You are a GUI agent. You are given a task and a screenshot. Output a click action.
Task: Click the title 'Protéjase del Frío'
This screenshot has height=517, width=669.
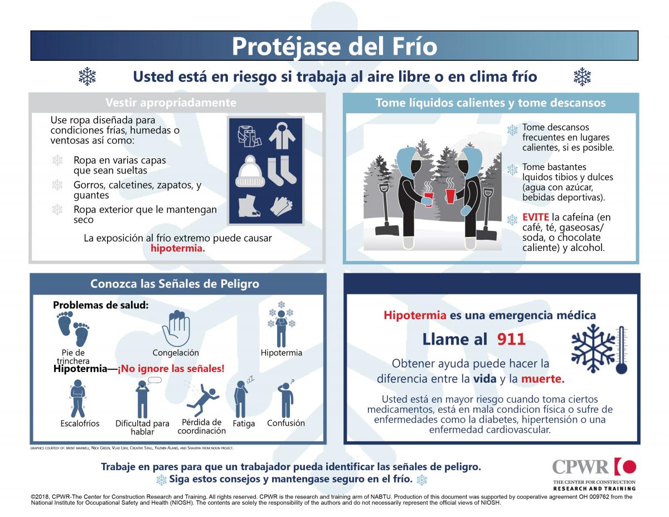click(x=334, y=46)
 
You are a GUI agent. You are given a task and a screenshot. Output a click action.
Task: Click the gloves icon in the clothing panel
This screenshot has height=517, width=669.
click(x=281, y=206)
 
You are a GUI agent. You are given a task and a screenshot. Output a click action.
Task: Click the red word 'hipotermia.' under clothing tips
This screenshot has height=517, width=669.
click(x=178, y=249)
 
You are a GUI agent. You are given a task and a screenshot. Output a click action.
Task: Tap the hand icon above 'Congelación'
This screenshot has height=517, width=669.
click(x=176, y=329)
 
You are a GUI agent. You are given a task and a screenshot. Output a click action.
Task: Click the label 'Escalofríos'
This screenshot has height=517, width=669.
click(x=80, y=423)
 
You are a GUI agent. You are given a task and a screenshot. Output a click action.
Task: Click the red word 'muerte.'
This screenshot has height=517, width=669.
click(x=543, y=379)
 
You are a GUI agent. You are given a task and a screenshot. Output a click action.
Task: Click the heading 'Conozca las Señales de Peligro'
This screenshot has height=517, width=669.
click(x=174, y=284)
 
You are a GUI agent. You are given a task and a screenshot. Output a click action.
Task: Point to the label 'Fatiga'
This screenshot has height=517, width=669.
click(x=244, y=424)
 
